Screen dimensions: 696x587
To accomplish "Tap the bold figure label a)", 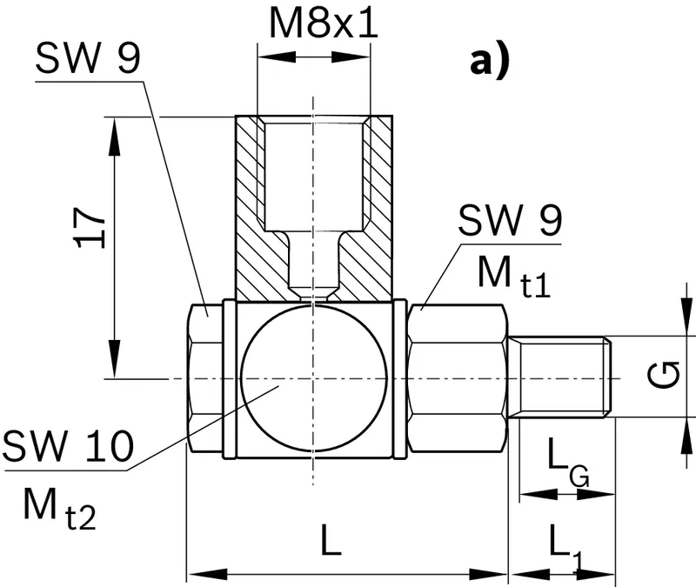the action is [489, 62].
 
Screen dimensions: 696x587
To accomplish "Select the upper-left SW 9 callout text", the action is [88, 57].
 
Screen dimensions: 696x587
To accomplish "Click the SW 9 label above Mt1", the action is [510, 220].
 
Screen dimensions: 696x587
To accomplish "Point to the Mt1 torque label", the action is [514, 277].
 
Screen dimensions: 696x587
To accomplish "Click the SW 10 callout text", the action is [68, 445].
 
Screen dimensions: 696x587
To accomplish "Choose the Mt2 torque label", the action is [59, 509].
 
